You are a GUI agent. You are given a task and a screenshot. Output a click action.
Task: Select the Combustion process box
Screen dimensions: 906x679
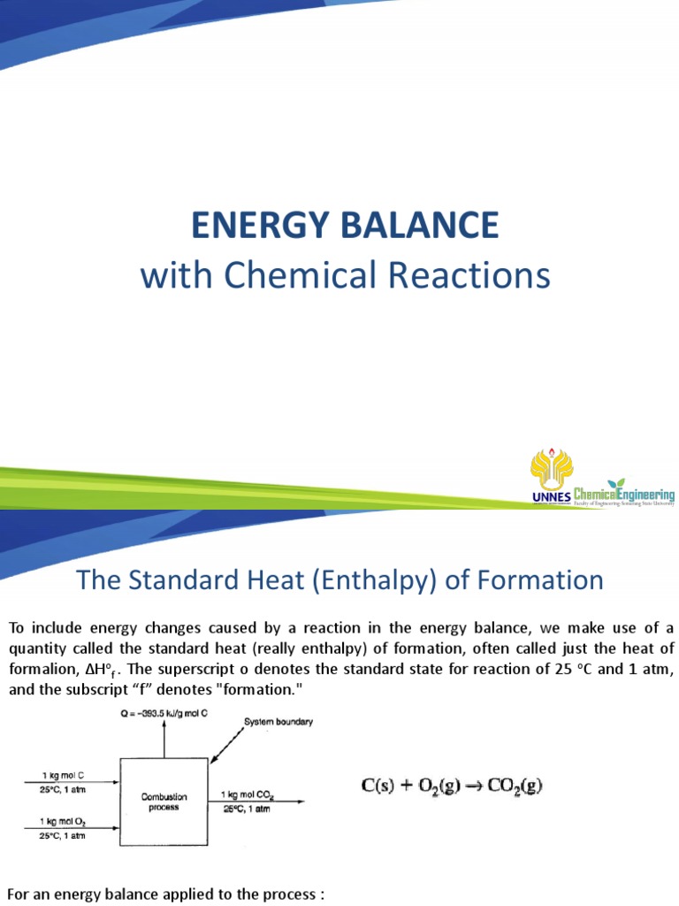164,802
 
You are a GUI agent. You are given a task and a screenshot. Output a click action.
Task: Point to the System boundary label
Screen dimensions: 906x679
278,722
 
